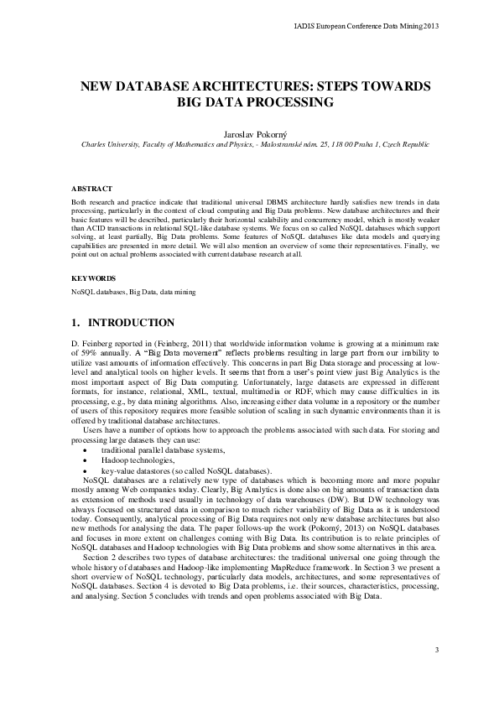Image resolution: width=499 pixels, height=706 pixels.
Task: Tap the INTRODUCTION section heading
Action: click(x=131, y=323)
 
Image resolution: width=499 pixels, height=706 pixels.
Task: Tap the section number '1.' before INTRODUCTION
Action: click(x=75, y=323)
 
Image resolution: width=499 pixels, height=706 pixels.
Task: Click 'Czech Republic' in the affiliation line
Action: click(x=407, y=144)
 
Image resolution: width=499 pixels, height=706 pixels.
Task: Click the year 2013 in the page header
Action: click(x=429, y=26)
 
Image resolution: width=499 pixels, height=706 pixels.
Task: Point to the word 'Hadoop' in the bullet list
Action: click(x=112, y=460)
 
